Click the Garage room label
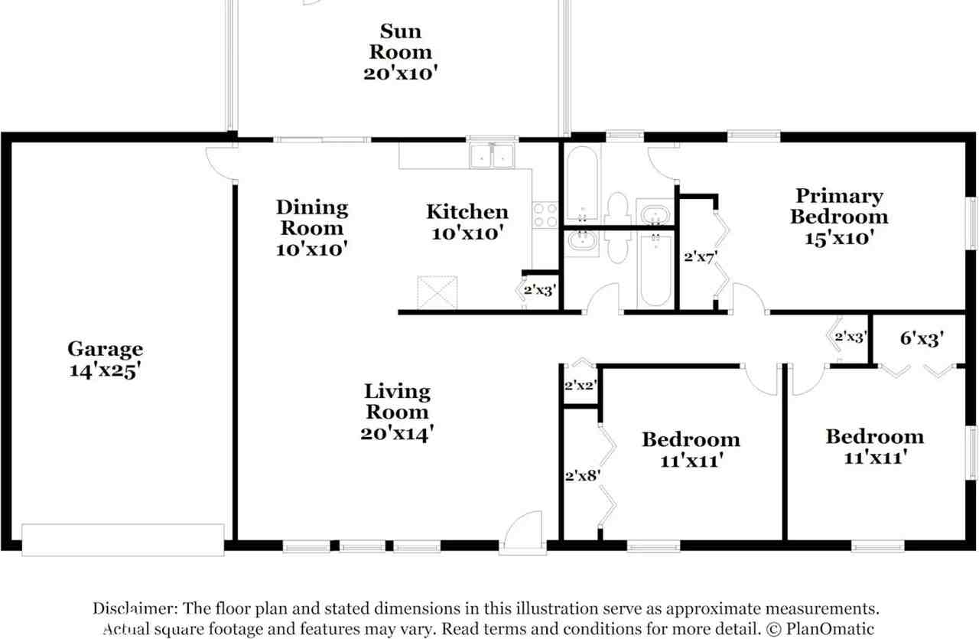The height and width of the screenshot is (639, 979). pos(105,350)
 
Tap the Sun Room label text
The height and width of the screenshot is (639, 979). pos(401,41)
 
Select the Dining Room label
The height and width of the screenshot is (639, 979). pos(312,217)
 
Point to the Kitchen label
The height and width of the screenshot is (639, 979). pos(467,212)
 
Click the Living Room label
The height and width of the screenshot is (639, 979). pos(396,402)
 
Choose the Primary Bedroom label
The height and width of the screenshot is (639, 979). pos(839,207)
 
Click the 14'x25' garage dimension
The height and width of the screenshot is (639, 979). pos(105,372)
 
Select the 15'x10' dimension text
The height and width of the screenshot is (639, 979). pos(839,238)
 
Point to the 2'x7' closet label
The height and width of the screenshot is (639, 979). pos(700,257)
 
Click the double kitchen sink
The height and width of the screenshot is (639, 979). pos(493,155)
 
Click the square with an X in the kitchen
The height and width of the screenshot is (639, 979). pos(437,292)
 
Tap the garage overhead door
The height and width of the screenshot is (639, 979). pos(123,540)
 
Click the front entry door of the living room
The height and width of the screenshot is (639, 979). pos(522,534)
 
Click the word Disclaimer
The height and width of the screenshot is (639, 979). pos(135,609)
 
